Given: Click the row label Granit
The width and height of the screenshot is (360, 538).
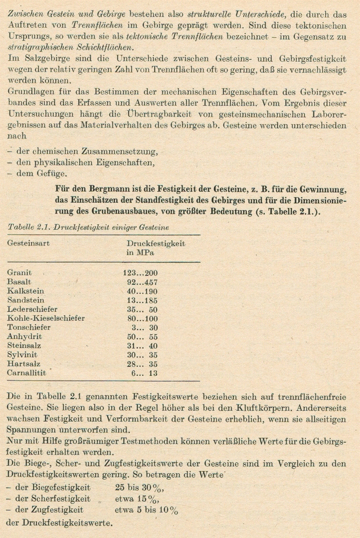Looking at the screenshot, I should pos(19,273).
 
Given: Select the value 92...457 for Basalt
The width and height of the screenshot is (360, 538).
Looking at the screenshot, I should pos(142,282).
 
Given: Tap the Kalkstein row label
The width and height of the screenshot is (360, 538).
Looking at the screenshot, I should pos(25,291).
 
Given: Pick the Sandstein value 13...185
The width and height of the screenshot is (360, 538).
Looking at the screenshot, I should pos(142,300).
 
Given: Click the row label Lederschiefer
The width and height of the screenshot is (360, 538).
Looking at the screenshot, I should pos(32,309).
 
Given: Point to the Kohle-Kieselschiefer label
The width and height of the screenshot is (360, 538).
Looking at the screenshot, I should pos(46,318).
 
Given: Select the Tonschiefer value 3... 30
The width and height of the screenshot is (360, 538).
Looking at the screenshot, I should pos(145,328).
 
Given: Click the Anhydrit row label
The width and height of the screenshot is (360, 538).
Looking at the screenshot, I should pos(24,337).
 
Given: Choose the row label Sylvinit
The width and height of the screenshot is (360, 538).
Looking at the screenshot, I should pos(22,355).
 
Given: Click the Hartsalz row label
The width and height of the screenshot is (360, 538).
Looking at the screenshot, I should pos(23,364).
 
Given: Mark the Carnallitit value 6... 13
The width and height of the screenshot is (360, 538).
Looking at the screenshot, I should pos(145,373).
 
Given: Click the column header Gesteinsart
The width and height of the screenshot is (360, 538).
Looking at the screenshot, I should pos(29,243).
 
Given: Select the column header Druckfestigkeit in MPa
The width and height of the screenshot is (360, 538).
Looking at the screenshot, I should pos(156,248).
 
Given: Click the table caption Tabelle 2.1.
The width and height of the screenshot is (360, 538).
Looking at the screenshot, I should pos(88,227).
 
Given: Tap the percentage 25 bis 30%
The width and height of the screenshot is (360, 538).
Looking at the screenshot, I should pos(139,488).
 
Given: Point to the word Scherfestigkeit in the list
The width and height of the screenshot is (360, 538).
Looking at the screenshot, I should pos(61,499).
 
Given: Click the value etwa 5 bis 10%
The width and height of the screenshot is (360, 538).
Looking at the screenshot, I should pos(146,510).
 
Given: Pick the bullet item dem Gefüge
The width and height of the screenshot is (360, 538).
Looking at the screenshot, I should pos(41,173).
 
